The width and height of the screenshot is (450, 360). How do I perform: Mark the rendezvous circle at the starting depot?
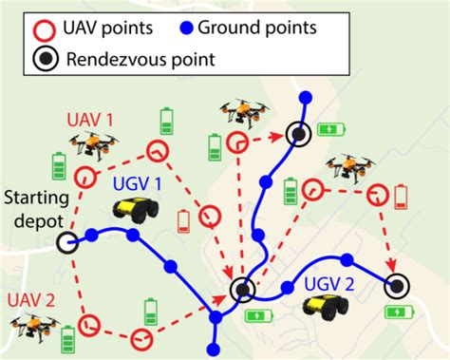point(67,241)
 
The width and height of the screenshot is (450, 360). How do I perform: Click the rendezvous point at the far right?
point(397,284)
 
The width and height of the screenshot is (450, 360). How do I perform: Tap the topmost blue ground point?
point(305,97)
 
